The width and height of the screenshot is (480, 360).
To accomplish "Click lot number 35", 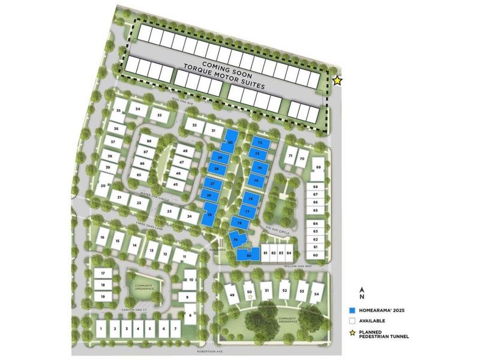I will click(x=118, y=111).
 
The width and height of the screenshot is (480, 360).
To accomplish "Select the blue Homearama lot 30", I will click(x=231, y=142).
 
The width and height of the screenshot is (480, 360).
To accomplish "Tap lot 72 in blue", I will click(x=259, y=143).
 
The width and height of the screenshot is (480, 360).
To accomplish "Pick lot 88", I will click(x=148, y=141).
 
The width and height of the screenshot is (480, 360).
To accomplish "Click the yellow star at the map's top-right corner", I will click(x=337, y=80).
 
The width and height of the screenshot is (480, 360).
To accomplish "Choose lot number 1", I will click(x=101, y=329).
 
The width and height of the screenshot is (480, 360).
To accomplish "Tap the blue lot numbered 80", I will click(x=249, y=256).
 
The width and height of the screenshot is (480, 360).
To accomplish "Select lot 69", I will click(x=319, y=167).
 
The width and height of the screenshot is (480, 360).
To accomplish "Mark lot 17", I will click(x=103, y=274).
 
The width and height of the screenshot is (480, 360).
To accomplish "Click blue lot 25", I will click(x=210, y=214).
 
